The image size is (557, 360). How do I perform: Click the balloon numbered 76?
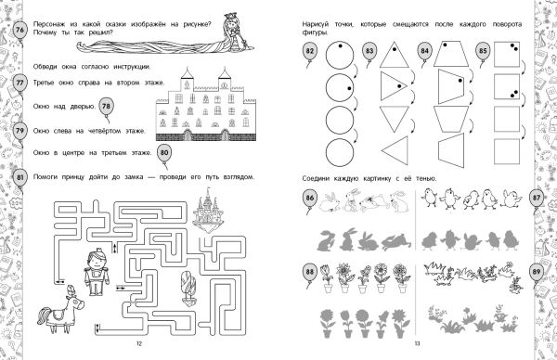(x=19, y=30)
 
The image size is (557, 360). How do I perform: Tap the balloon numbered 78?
(x=106, y=107)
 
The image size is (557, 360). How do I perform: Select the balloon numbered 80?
(x=164, y=153)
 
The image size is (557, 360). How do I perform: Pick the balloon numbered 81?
(x=19, y=177)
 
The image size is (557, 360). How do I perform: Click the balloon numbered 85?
(x=483, y=51)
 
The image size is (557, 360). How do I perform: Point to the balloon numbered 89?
(x=536, y=272)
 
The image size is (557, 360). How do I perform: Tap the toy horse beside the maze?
(x=60, y=310)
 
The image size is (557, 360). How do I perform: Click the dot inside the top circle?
(x=340, y=46)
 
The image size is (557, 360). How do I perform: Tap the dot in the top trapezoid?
(x=445, y=45)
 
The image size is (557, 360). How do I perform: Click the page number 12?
(x=139, y=343)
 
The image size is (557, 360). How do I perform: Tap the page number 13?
(x=417, y=343)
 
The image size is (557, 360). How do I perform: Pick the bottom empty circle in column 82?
(x=340, y=152)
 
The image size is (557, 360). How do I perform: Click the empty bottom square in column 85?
(x=507, y=151)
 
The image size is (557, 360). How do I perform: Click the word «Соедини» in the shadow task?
(x=315, y=178)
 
